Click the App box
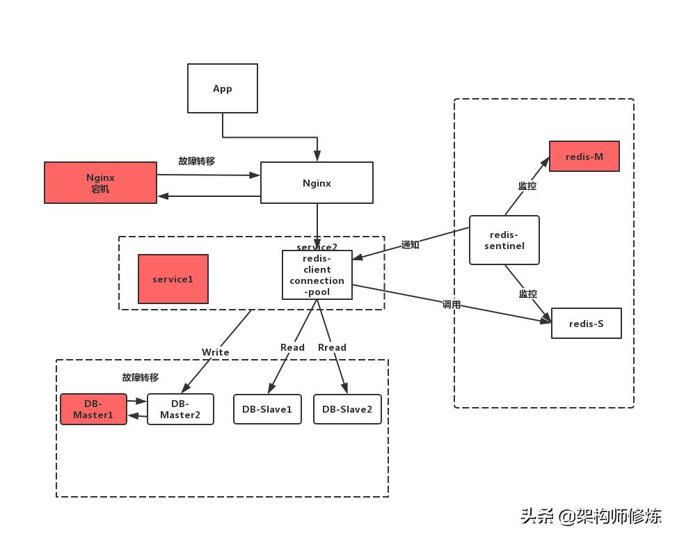223,88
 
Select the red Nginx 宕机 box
100,183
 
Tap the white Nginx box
317,183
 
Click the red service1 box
173,279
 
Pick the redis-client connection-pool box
317,276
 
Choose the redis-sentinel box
504,240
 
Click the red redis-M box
584,157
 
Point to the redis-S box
586,324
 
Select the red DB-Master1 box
93,409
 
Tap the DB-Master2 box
180,409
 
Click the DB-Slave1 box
267,409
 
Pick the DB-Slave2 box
347,409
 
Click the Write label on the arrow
215,352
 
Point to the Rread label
332,347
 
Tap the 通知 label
411,245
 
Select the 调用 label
452,304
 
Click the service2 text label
317,247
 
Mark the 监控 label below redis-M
527,186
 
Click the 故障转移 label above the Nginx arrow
197,161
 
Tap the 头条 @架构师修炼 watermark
591,516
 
